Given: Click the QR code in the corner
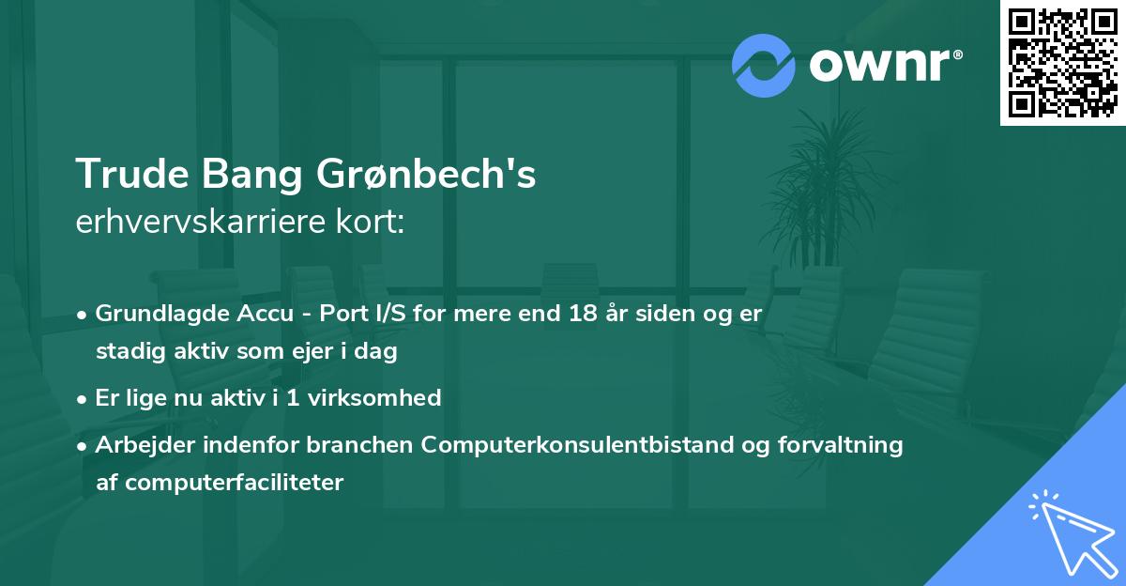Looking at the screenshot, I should click(x=1062, y=62).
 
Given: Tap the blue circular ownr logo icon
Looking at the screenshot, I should click(x=763, y=65).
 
